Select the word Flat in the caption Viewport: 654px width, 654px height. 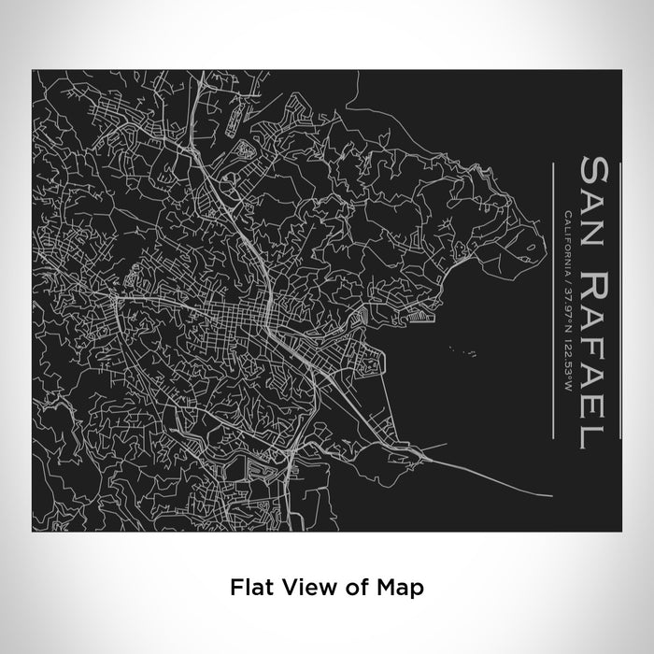coord(249,588)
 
